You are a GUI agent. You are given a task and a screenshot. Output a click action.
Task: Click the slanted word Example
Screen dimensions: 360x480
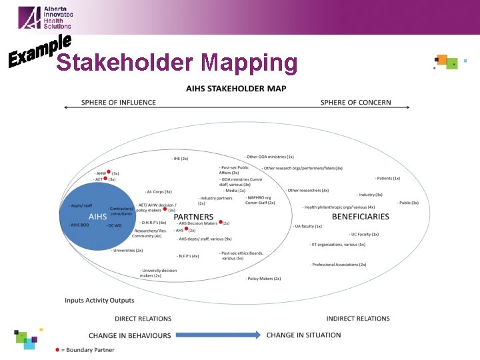click(39, 52)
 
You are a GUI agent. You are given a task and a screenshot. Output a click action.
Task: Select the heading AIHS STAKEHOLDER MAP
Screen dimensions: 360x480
click(236, 89)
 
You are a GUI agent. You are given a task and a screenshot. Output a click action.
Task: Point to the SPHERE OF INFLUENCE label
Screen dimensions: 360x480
click(119, 103)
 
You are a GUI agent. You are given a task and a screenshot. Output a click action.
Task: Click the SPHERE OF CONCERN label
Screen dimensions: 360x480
click(355, 103)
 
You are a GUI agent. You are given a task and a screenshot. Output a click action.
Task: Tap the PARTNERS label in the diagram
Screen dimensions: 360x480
click(193, 217)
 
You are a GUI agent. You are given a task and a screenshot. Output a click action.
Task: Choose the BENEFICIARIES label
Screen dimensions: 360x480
click(360, 217)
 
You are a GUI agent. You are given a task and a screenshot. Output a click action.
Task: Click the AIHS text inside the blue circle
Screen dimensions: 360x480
click(98, 217)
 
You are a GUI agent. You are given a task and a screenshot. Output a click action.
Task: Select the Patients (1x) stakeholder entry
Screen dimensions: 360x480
click(387, 178)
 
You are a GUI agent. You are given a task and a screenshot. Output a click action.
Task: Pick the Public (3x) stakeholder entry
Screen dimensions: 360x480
click(407, 203)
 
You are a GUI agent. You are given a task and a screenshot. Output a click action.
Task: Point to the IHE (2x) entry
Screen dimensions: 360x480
click(180, 159)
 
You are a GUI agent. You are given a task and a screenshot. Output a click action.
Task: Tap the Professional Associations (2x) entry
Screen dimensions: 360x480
click(338, 265)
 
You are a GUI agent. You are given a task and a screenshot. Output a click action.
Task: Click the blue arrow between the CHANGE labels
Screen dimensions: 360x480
click(217, 335)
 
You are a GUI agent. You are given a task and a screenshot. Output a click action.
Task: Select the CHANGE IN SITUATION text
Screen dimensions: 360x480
click(303, 335)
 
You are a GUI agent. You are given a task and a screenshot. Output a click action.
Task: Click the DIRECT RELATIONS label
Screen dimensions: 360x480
click(143, 319)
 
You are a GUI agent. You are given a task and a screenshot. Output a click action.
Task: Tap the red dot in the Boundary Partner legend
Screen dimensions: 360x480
click(57, 349)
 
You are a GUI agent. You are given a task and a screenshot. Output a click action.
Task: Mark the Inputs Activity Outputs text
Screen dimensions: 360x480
click(99, 301)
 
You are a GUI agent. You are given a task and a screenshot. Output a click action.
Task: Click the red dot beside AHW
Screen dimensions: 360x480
click(109, 172)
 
